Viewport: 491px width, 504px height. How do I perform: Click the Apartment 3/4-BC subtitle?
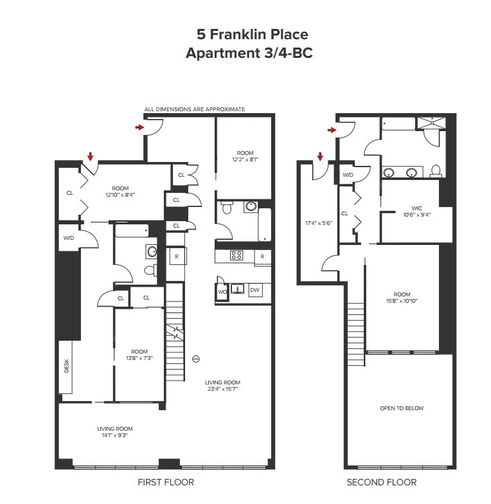click(249, 53)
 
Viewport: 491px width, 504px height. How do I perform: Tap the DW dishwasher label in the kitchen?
click(254, 291)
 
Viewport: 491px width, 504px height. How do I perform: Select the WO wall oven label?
click(222, 291)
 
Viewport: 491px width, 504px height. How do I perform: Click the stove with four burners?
click(237, 255)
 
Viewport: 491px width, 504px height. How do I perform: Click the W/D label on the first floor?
click(68, 238)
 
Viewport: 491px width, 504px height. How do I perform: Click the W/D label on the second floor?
click(348, 175)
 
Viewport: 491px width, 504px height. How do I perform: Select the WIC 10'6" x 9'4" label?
click(412, 212)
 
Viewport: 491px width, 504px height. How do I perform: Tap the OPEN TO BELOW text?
click(402, 408)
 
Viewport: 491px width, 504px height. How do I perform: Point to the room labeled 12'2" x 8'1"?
click(245, 156)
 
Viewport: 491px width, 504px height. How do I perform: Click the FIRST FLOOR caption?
click(166, 482)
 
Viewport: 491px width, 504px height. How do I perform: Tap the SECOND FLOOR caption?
click(381, 482)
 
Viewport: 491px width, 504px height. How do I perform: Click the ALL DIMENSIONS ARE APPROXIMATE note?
click(195, 109)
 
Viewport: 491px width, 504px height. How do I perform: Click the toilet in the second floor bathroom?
click(436, 171)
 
